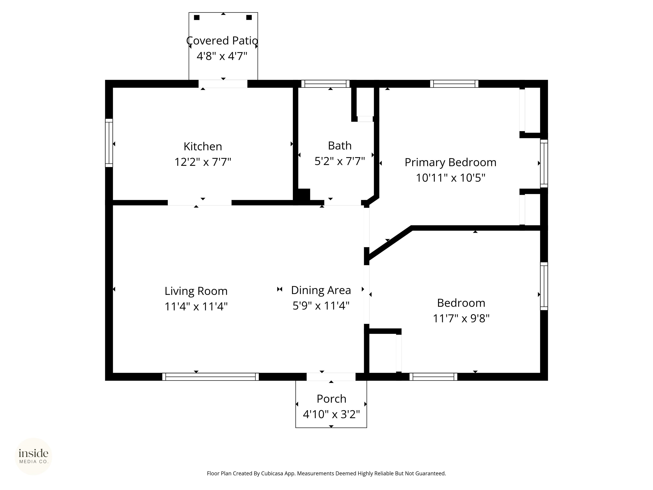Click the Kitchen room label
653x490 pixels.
tap(203, 147)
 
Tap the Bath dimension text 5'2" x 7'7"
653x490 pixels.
tap(340, 161)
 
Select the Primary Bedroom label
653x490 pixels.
tap(450, 162)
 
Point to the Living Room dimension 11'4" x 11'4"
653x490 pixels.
tap(196, 307)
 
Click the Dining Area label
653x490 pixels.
tap(321, 290)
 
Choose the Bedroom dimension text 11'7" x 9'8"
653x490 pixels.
tap(461, 318)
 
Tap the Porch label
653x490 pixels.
tap(331, 399)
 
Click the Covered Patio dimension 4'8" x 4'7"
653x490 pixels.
tap(222, 56)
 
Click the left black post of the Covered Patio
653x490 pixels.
tap(197, 17)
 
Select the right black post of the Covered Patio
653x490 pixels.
tap(249, 17)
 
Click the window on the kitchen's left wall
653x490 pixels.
tap(109, 143)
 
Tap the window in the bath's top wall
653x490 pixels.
tap(325, 84)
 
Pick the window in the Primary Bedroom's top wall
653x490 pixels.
tap(454, 84)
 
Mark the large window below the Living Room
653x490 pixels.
tap(210, 377)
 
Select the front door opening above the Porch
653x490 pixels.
tap(331, 377)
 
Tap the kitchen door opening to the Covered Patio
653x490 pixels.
tap(223, 84)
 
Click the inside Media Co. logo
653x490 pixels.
tap(33, 456)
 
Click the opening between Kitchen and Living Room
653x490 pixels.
tap(200, 203)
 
